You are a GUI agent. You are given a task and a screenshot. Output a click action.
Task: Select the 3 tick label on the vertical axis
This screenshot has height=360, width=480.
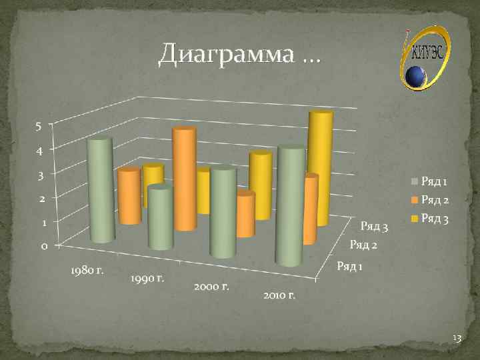40,175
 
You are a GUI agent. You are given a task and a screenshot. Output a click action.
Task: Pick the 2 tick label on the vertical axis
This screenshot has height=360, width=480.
41,199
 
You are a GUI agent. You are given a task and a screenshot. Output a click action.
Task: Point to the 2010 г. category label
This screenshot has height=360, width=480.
279,294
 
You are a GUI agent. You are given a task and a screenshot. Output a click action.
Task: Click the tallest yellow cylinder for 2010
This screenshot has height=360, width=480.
319,167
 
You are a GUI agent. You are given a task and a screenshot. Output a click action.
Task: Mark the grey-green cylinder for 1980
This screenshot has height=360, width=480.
101,190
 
